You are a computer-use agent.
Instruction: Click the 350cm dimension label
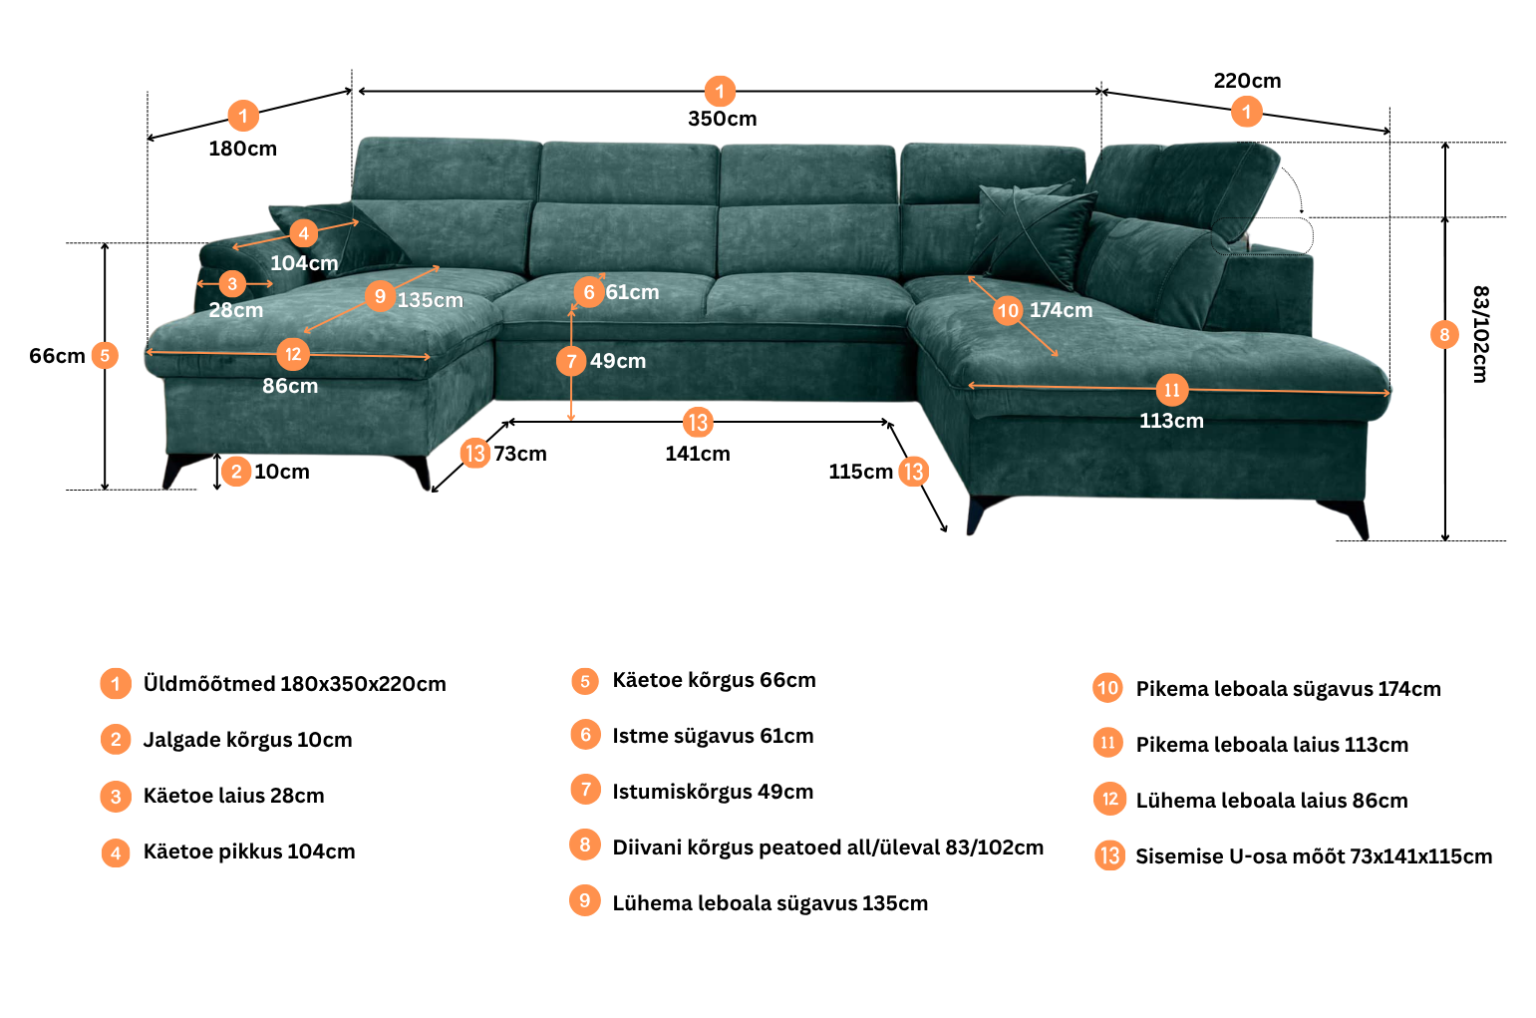point(722,119)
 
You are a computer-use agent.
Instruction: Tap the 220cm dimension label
point(1247,81)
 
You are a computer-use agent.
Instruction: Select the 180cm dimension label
point(243,149)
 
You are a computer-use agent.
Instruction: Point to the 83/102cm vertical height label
point(1480,334)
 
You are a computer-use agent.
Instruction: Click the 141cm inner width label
point(698,454)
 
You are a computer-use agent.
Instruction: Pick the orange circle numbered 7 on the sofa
point(571,361)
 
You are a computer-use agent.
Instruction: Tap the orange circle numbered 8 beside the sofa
point(1444,335)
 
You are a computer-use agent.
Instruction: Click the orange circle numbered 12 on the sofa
point(293,355)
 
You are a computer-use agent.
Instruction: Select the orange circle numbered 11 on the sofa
point(1172,390)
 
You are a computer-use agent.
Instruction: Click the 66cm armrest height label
point(57,356)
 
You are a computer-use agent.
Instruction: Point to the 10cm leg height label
point(282,472)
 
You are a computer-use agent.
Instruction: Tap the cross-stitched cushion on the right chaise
point(1032,233)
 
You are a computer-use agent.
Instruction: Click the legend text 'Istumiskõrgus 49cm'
point(713,792)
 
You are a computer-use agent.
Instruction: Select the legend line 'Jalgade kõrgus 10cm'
point(247,740)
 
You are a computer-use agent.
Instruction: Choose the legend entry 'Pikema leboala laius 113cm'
point(1272,744)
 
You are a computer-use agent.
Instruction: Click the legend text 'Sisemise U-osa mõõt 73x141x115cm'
point(1314,856)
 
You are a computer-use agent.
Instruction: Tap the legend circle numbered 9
point(585,901)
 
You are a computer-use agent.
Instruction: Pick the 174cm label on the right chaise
point(1061,311)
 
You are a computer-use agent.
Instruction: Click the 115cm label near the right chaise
point(860,472)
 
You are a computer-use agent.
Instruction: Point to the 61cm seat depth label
point(632,292)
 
